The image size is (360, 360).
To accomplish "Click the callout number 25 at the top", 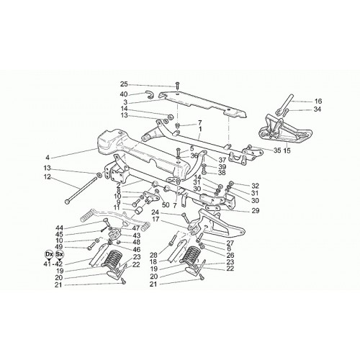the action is point(125,84).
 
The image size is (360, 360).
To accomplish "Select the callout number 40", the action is point(125,94).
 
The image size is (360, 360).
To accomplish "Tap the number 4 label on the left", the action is point(47,158).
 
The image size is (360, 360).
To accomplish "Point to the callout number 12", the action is point(48,177).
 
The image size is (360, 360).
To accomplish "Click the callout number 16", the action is point(318,102).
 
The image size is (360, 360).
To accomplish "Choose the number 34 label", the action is point(318,109).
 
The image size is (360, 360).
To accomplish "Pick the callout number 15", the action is point(287,151).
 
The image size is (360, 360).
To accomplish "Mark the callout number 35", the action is point(277,150).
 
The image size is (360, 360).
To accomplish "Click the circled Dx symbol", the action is point(49,254).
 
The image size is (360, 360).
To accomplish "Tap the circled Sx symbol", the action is point(59,254).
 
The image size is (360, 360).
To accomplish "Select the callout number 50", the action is point(166,205).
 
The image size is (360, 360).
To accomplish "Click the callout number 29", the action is point(256,211).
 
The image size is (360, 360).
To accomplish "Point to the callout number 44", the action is point(59,228).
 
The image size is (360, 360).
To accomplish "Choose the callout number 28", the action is point(154,255).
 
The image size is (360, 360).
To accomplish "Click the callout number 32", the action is point(256,186).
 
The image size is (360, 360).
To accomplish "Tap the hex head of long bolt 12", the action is point(68,202).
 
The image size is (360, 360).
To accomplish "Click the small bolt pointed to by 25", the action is point(177,85).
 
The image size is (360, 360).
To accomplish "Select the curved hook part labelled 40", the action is point(149,95).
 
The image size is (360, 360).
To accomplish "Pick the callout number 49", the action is point(59,247).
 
